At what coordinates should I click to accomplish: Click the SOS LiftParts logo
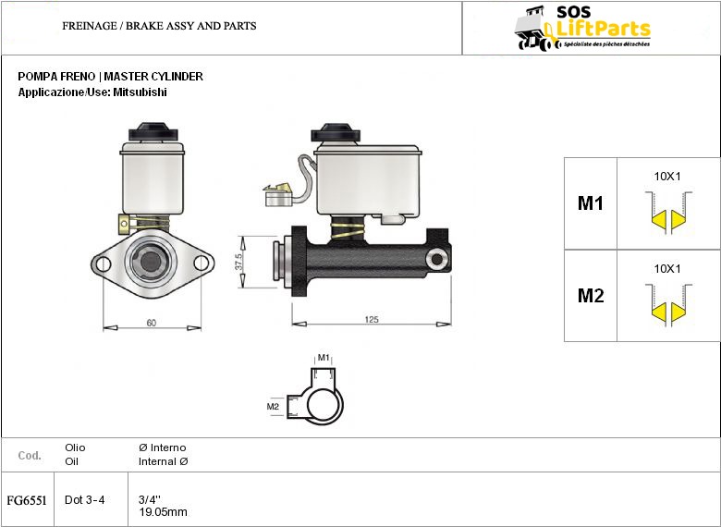(582, 28)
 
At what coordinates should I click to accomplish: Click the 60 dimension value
(152, 323)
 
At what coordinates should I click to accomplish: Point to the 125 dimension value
(372, 319)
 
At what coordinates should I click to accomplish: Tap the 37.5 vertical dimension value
(238, 263)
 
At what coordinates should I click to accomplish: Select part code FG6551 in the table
(27, 500)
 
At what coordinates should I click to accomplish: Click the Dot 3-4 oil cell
(85, 500)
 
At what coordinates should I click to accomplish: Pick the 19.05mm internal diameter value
(163, 512)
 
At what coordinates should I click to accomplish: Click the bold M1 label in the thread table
(591, 202)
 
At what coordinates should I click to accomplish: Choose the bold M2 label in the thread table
(591, 295)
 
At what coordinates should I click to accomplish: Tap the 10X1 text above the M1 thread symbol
(667, 176)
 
